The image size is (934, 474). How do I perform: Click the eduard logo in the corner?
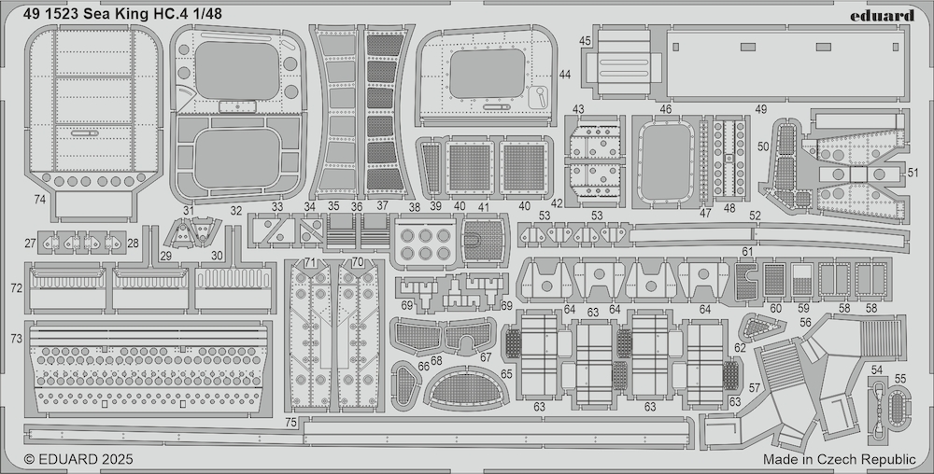tap(883, 16)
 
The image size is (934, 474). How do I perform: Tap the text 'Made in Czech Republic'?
tap(840, 459)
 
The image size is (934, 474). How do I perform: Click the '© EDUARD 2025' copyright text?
tap(78, 459)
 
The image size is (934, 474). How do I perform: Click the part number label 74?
tap(39, 200)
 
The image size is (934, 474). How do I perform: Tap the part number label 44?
tap(565, 75)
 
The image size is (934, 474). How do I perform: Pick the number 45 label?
tap(585, 40)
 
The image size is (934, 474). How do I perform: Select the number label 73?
tap(16, 339)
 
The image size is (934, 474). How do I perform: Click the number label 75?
tap(290, 423)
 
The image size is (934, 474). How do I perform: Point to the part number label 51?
tap(913, 173)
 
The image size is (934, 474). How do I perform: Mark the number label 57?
tap(755, 388)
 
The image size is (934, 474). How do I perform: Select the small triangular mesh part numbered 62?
tap(757, 328)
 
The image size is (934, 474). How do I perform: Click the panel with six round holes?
tap(425, 244)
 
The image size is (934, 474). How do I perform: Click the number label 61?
tap(747, 252)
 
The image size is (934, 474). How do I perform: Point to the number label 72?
tap(16, 287)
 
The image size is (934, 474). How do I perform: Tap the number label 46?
tap(665, 109)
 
